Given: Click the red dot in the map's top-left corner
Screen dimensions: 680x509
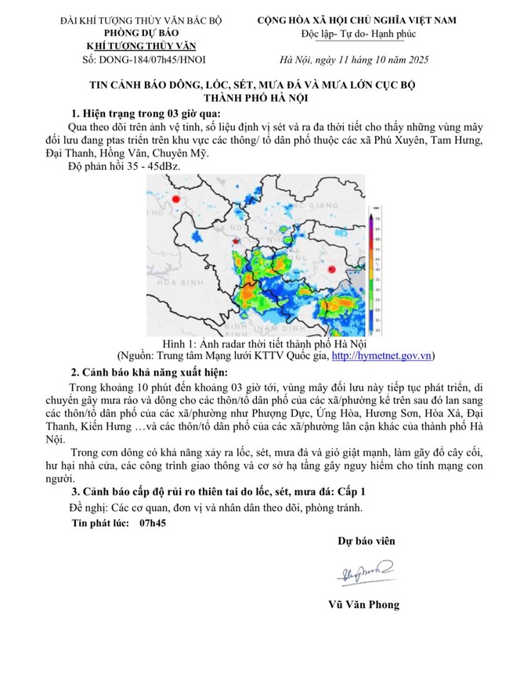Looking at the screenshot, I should coord(177,200).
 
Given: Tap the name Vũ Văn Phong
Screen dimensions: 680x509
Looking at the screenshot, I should coord(365,604).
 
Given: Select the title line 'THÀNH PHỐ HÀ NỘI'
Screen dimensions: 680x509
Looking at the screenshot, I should coord(254,97).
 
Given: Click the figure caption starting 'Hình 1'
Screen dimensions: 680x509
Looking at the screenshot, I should coord(254,344).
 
